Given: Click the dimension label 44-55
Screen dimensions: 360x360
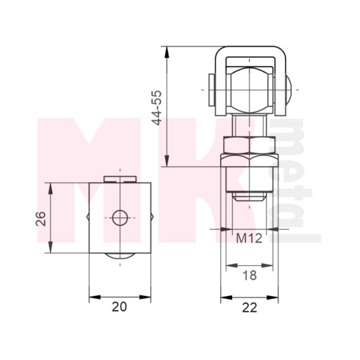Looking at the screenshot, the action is (157, 108).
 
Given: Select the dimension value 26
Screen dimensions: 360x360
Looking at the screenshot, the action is (41, 219).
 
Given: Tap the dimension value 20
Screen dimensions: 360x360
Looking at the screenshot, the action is (120, 307).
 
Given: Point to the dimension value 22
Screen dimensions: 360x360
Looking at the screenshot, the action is (250, 307).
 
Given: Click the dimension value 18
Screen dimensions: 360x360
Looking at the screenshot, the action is (250, 275).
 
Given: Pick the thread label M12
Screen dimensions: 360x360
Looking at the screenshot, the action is (249, 238).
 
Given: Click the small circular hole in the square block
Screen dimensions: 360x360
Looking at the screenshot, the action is (120, 218).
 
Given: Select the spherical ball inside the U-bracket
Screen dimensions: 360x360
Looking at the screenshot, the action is (250, 90).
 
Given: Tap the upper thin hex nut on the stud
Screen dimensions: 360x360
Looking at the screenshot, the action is (250, 146).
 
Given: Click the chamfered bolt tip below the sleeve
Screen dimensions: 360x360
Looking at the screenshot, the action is (250, 196).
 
